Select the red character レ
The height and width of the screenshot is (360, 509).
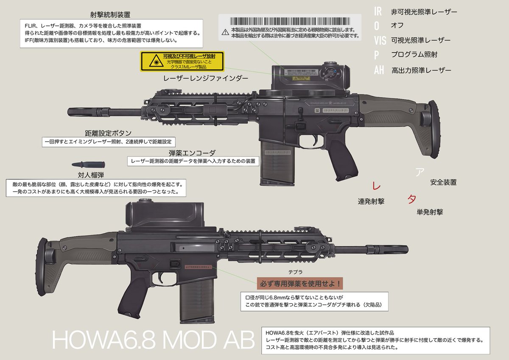tap(375, 186)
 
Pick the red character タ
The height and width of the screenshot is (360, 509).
tap(411, 199)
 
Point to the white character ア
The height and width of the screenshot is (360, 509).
tap(419, 172)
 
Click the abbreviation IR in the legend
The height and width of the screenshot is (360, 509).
tap(379, 11)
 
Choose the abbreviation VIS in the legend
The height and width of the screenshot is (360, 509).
tap(380, 40)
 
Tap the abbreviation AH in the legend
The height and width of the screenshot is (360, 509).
tap(379, 70)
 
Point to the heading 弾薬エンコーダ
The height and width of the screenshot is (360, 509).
tap(192, 153)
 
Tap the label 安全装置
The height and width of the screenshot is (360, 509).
tap(443, 182)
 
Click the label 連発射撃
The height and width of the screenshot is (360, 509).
tap(371, 202)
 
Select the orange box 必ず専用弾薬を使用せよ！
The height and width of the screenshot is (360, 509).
tap(299, 282)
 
